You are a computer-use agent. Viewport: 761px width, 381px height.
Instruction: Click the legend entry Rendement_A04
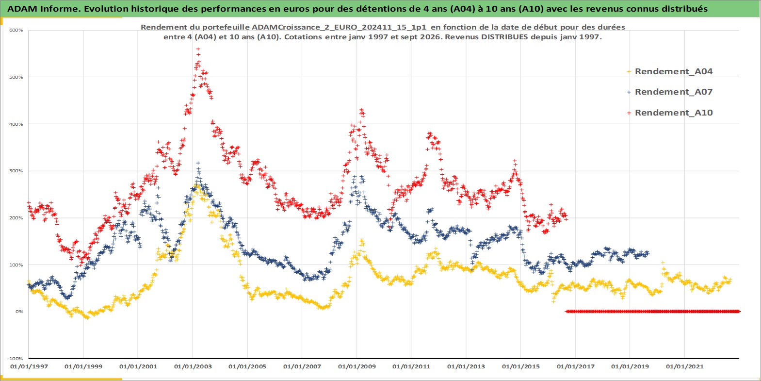pyautogui.click(x=673, y=71)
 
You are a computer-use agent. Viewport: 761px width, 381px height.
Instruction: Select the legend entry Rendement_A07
pyautogui.click(x=673, y=92)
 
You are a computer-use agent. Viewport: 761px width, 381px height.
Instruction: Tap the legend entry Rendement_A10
pyautogui.click(x=673, y=113)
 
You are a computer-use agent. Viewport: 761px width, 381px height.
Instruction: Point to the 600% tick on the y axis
pyautogui.click(x=16, y=30)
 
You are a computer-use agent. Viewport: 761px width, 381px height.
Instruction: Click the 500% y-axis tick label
pyautogui.click(x=16, y=77)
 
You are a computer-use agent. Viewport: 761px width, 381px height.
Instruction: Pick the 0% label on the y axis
pyautogui.click(x=19, y=311)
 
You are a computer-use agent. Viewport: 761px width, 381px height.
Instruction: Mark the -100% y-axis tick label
pyautogui.click(x=16, y=358)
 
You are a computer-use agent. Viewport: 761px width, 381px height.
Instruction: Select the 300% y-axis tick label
pyautogui.click(x=16, y=171)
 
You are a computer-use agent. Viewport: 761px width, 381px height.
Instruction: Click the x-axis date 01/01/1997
pyautogui.click(x=29, y=366)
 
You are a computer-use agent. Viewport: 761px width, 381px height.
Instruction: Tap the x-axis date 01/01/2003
pyautogui.click(x=193, y=366)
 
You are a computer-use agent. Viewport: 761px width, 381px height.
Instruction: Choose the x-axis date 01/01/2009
pyautogui.click(x=356, y=366)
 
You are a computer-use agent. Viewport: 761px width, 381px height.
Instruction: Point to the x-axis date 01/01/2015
pyautogui.click(x=520, y=366)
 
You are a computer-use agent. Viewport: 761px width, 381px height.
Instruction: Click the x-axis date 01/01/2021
pyautogui.click(x=684, y=366)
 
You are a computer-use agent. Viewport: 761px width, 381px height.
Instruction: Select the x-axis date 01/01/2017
pyautogui.click(x=576, y=366)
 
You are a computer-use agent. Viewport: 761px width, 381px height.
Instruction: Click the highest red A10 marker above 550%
pyautogui.click(x=198, y=49)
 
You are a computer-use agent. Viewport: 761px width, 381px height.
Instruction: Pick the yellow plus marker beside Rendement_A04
pyautogui.click(x=629, y=72)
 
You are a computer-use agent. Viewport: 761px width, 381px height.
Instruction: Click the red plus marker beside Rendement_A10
pyautogui.click(x=629, y=113)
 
